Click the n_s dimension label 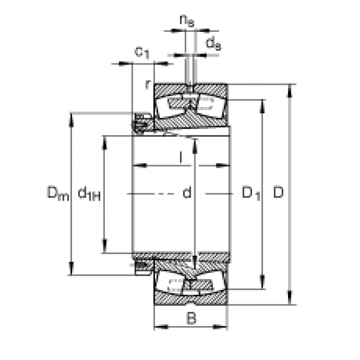(186, 21)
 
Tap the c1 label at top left (141, 52)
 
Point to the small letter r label (149, 83)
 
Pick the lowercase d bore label (186, 193)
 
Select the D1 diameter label (250, 193)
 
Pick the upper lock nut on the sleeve (140, 122)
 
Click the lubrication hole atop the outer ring (190, 87)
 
